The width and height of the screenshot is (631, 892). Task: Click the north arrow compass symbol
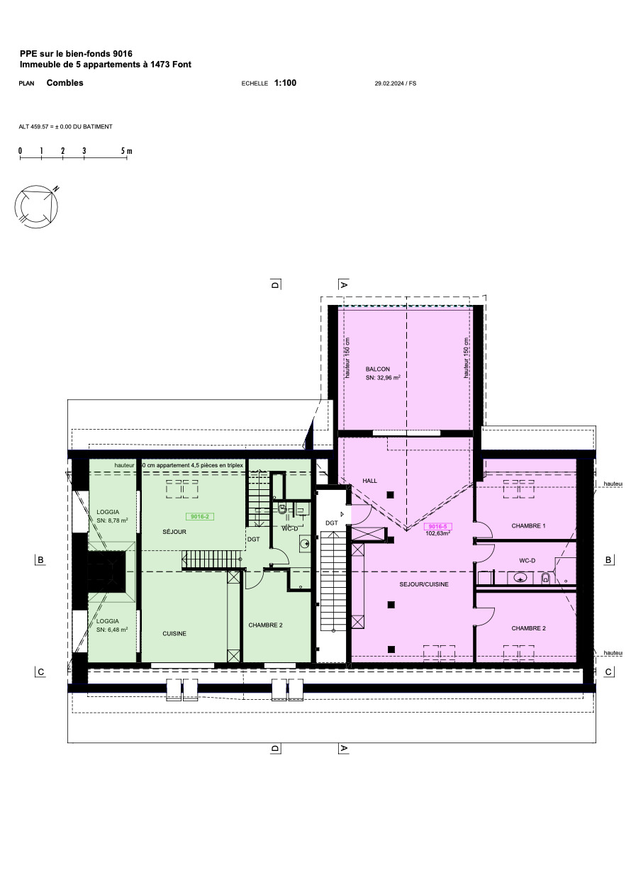click(37, 205)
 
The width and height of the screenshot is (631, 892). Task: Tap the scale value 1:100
click(285, 83)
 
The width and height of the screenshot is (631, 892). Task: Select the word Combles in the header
click(65, 83)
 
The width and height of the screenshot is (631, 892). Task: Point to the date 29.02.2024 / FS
click(395, 84)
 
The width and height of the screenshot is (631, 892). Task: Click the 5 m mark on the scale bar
click(126, 151)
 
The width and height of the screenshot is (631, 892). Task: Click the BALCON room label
click(377, 369)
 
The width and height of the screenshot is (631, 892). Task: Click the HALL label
click(370, 481)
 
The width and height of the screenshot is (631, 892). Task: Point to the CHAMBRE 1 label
click(528, 526)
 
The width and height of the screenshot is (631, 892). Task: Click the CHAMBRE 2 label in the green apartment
click(266, 625)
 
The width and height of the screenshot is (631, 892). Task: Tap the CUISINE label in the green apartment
click(174, 634)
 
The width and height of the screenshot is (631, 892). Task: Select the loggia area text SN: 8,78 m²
click(112, 520)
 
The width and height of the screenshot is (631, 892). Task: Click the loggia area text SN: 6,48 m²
click(112, 630)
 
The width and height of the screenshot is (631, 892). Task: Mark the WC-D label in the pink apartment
click(527, 561)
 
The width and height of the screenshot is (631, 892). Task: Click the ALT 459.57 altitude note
click(65, 127)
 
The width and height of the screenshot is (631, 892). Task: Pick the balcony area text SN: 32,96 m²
click(383, 379)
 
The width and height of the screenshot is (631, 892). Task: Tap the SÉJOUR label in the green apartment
click(174, 531)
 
